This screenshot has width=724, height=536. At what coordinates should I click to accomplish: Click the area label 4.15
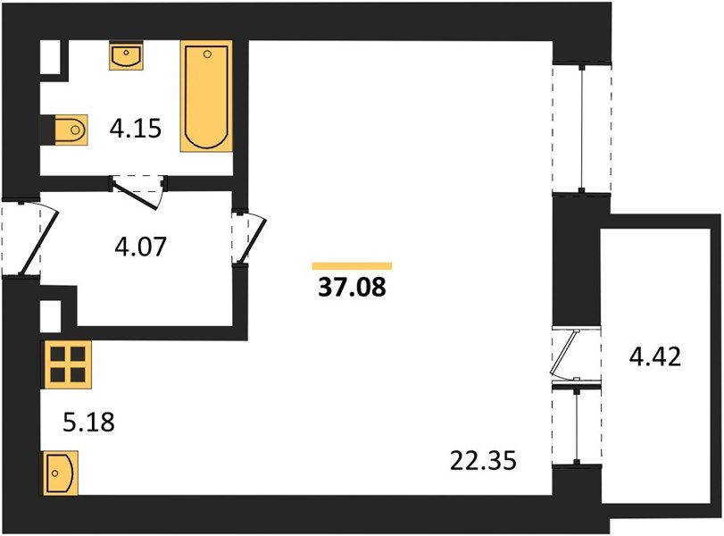pos(136,129)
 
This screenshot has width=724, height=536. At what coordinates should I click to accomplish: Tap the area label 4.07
pos(140,247)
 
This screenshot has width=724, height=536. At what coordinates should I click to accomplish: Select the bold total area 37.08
pos(352,288)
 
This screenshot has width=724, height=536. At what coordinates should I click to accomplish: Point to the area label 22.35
pos(483,461)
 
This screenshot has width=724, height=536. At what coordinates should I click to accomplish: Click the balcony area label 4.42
pos(655,356)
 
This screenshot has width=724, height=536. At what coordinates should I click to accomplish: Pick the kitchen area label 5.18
pos(88,423)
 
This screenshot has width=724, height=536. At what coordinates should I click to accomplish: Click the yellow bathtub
pos(206,96)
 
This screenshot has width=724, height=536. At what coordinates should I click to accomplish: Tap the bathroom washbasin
pos(126,55)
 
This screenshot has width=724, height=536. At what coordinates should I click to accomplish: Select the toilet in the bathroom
pos(71,130)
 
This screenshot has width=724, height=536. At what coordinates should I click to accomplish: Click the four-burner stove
pos(68,364)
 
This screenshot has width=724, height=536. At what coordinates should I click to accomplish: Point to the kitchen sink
pos(61,473)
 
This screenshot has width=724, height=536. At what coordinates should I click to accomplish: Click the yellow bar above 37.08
pos(352,265)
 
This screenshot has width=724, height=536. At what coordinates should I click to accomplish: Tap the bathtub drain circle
pos(207,54)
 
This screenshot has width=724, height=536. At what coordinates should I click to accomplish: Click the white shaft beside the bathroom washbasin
pos(51,57)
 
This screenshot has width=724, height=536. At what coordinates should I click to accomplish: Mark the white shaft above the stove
pos(51,316)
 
